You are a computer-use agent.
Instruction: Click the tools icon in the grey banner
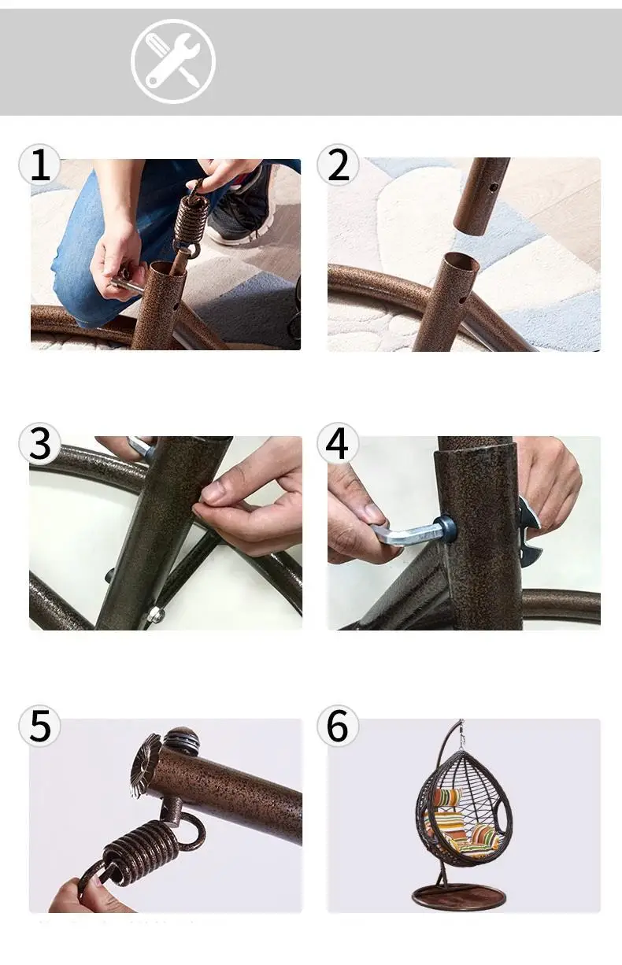coord(173,61)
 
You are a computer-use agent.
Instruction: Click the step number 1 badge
coord(39,165)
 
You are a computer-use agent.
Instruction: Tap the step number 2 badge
coord(338,165)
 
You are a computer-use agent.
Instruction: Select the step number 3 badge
coord(39,443)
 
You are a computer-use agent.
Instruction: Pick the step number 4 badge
coord(338,443)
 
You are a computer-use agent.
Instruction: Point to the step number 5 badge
coord(39,726)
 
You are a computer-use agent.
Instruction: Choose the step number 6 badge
coord(338,726)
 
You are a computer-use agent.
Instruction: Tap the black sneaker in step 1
coord(243,206)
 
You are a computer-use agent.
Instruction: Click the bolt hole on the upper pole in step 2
coord(494,187)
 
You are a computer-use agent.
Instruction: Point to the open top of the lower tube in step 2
coord(461,261)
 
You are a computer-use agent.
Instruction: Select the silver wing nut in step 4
coord(529,531)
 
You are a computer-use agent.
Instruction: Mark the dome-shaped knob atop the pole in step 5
coord(181,740)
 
